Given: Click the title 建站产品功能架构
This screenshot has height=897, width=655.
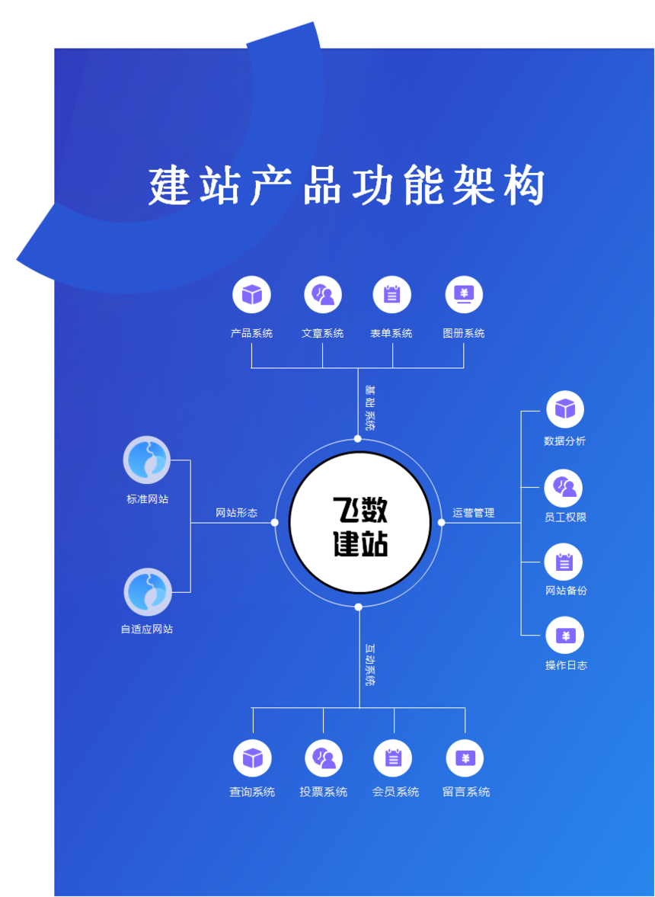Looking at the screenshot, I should pyautogui.click(x=347, y=186).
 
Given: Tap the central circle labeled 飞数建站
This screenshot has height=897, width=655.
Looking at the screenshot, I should pyautogui.click(x=359, y=523).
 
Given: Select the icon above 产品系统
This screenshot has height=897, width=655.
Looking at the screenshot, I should pyautogui.click(x=251, y=295).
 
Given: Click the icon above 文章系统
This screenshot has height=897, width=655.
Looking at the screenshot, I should pyautogui.click(x=323, y=295).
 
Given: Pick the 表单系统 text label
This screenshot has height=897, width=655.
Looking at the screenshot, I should pyautogui.click(x=391, y=333).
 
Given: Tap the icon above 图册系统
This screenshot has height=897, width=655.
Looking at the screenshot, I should pyautogui.click(x=464, y=295).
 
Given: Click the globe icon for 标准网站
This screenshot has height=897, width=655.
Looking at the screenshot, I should pyautogui.click(x=147, y=460).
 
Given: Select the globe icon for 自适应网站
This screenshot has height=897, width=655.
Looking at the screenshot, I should pyautogui.click(x=148, y=592).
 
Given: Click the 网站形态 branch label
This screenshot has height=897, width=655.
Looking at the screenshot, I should pyautogui.click(x=236, y=513).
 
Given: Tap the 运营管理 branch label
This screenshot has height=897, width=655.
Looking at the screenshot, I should pyautogui.click(x=474, y=513).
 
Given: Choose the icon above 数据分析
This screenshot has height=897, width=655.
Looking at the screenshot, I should pyautogui.click(x=565, y=409).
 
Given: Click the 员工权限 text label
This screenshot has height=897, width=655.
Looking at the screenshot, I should pyautogui.click(x=565, y=517).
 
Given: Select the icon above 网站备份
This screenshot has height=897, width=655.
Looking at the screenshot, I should pyautogui.click(x=564, y=562).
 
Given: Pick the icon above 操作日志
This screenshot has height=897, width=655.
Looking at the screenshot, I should pyautogui.click(x=565, y=636).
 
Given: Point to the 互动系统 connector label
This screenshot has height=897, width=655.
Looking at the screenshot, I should pyautogui.click(x=370, y=665).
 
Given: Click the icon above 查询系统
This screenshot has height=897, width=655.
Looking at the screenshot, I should pyautogui.click(x=252, y=758).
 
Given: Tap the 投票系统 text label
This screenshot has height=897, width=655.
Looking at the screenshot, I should pyautogui.click(x=324, y=792).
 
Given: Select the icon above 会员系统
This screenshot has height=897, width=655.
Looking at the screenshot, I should pyautogui.click(x=393, y=758).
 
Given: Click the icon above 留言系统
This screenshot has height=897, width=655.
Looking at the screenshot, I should pyautogui.click(x=465, y=758).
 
